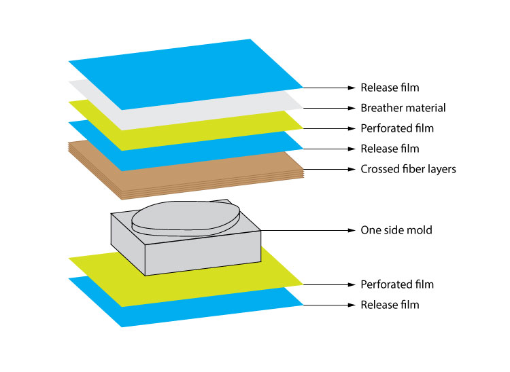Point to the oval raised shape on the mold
point(185,217)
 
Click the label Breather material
point(403,108)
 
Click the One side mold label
point(396,230)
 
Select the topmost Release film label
point(390,88)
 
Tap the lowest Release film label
point(390,305)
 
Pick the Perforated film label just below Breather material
point(397,128)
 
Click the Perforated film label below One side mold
point(397,284)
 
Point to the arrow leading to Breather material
point(330,108)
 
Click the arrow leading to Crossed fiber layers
point(330,169)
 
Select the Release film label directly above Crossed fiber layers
point(390,149)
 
